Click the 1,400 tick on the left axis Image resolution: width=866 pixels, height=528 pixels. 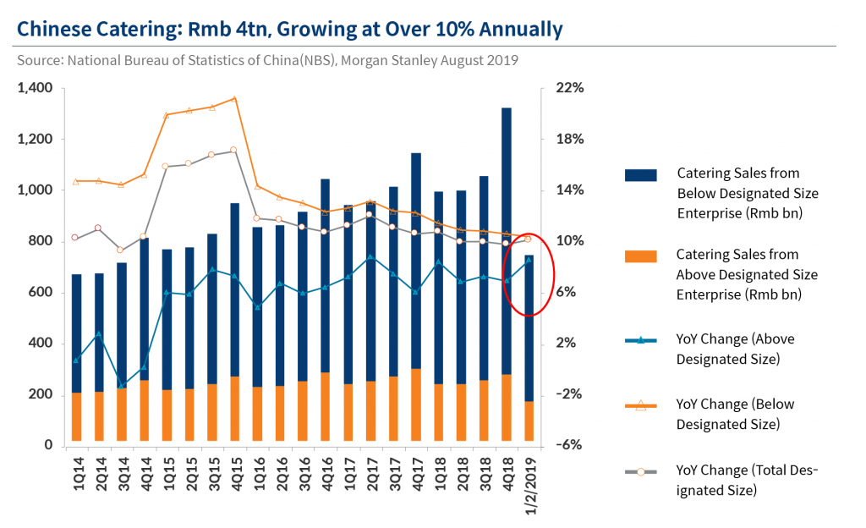pos(35,88)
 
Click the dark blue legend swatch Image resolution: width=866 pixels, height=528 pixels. pos(640,175)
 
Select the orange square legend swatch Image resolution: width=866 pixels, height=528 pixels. pos(640,256)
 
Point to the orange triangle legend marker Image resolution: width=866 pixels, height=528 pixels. pos(640,405)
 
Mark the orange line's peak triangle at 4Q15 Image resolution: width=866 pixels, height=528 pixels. pos(234,98)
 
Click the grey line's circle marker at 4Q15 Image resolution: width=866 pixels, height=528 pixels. pos(234,151)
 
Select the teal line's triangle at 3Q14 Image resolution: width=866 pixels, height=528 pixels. pos(121,386)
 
